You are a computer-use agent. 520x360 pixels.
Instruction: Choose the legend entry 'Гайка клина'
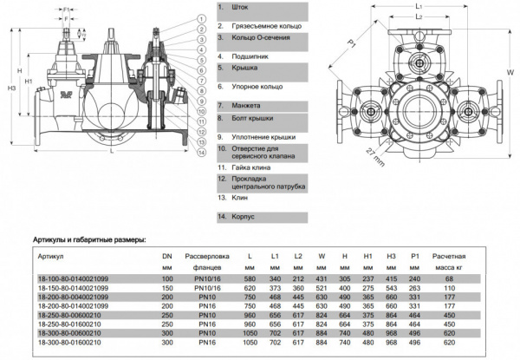[x=246, y=166]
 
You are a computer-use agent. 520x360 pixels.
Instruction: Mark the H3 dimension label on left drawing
[x=10, y=88]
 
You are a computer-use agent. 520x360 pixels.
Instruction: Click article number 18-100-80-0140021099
[x=75, y=278]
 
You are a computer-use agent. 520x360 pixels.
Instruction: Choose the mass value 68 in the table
[x=472, y=278]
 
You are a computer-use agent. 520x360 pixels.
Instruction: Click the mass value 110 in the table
[x=472, y=287]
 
